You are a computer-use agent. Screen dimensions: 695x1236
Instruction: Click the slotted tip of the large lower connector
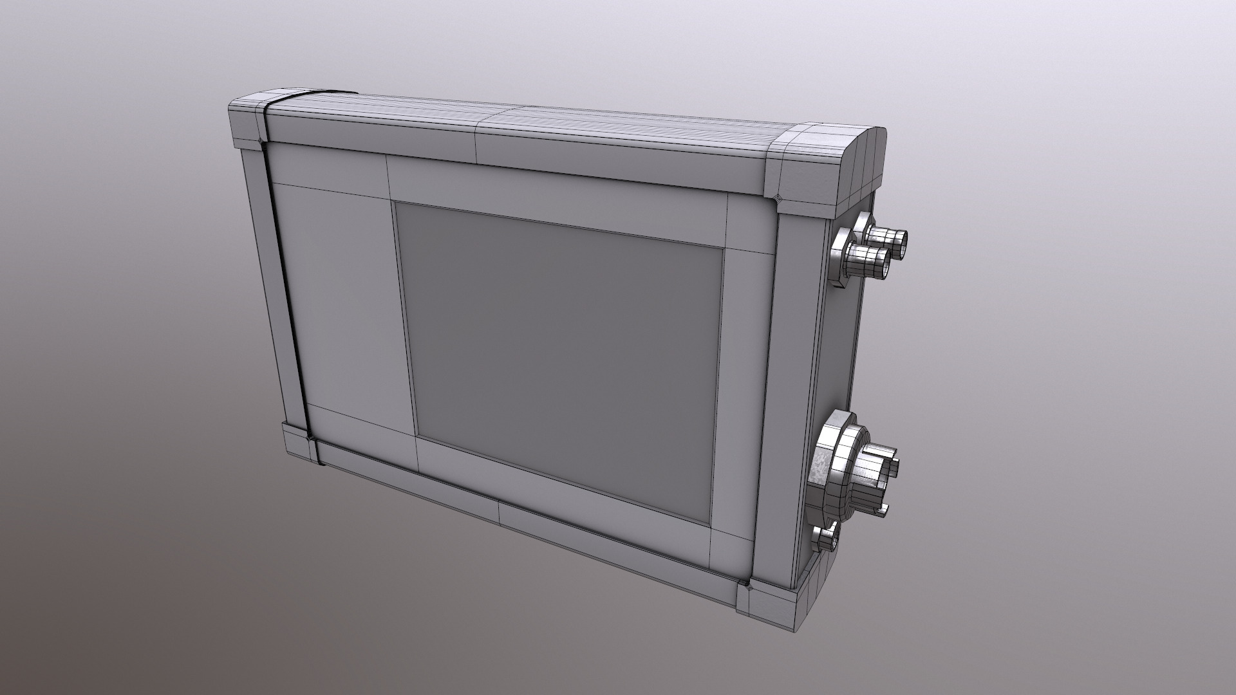tap(878, 476)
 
